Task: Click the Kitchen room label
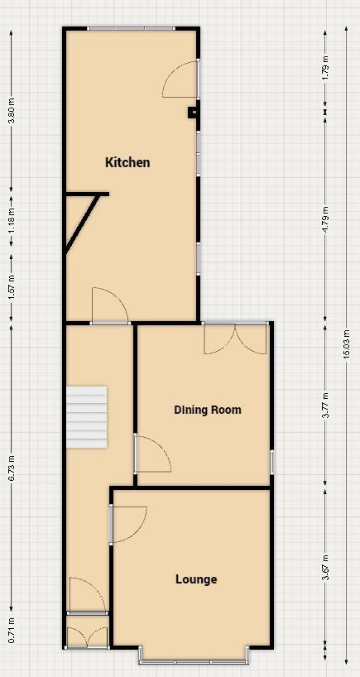point(127,162)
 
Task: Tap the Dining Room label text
point(208,410)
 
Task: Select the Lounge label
point(196,579)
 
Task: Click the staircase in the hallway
point(87,416)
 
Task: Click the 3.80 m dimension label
point(12,111)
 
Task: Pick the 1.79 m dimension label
point(325,67)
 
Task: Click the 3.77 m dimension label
point(325,404)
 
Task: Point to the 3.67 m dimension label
point(325,567)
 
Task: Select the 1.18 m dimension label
point(12,219)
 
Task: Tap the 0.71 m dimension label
point(12,629)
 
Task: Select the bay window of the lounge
point(193,660)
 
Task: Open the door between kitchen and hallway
point(108,307)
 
